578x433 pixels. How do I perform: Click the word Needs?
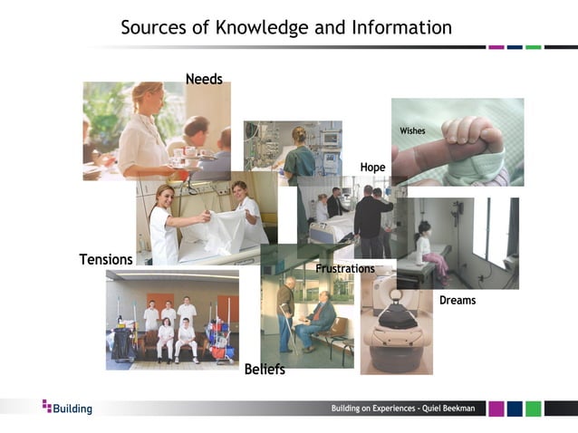click(204, 80)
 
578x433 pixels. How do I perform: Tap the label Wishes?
click(412, 131)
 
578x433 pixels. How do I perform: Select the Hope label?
click(372, 168)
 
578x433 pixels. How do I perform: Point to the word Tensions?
click(106, 260)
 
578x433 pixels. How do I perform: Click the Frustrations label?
click(344, 269)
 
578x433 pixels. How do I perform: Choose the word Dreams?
click(458, 301)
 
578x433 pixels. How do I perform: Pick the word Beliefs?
click(265, 370)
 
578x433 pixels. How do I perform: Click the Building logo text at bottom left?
click(72, 409)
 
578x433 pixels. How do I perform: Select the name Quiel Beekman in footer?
click(451, 409)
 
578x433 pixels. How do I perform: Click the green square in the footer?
click(534, 409)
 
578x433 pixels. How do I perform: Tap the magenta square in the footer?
click(496, 409)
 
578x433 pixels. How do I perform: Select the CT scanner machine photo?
click(396, 322)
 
